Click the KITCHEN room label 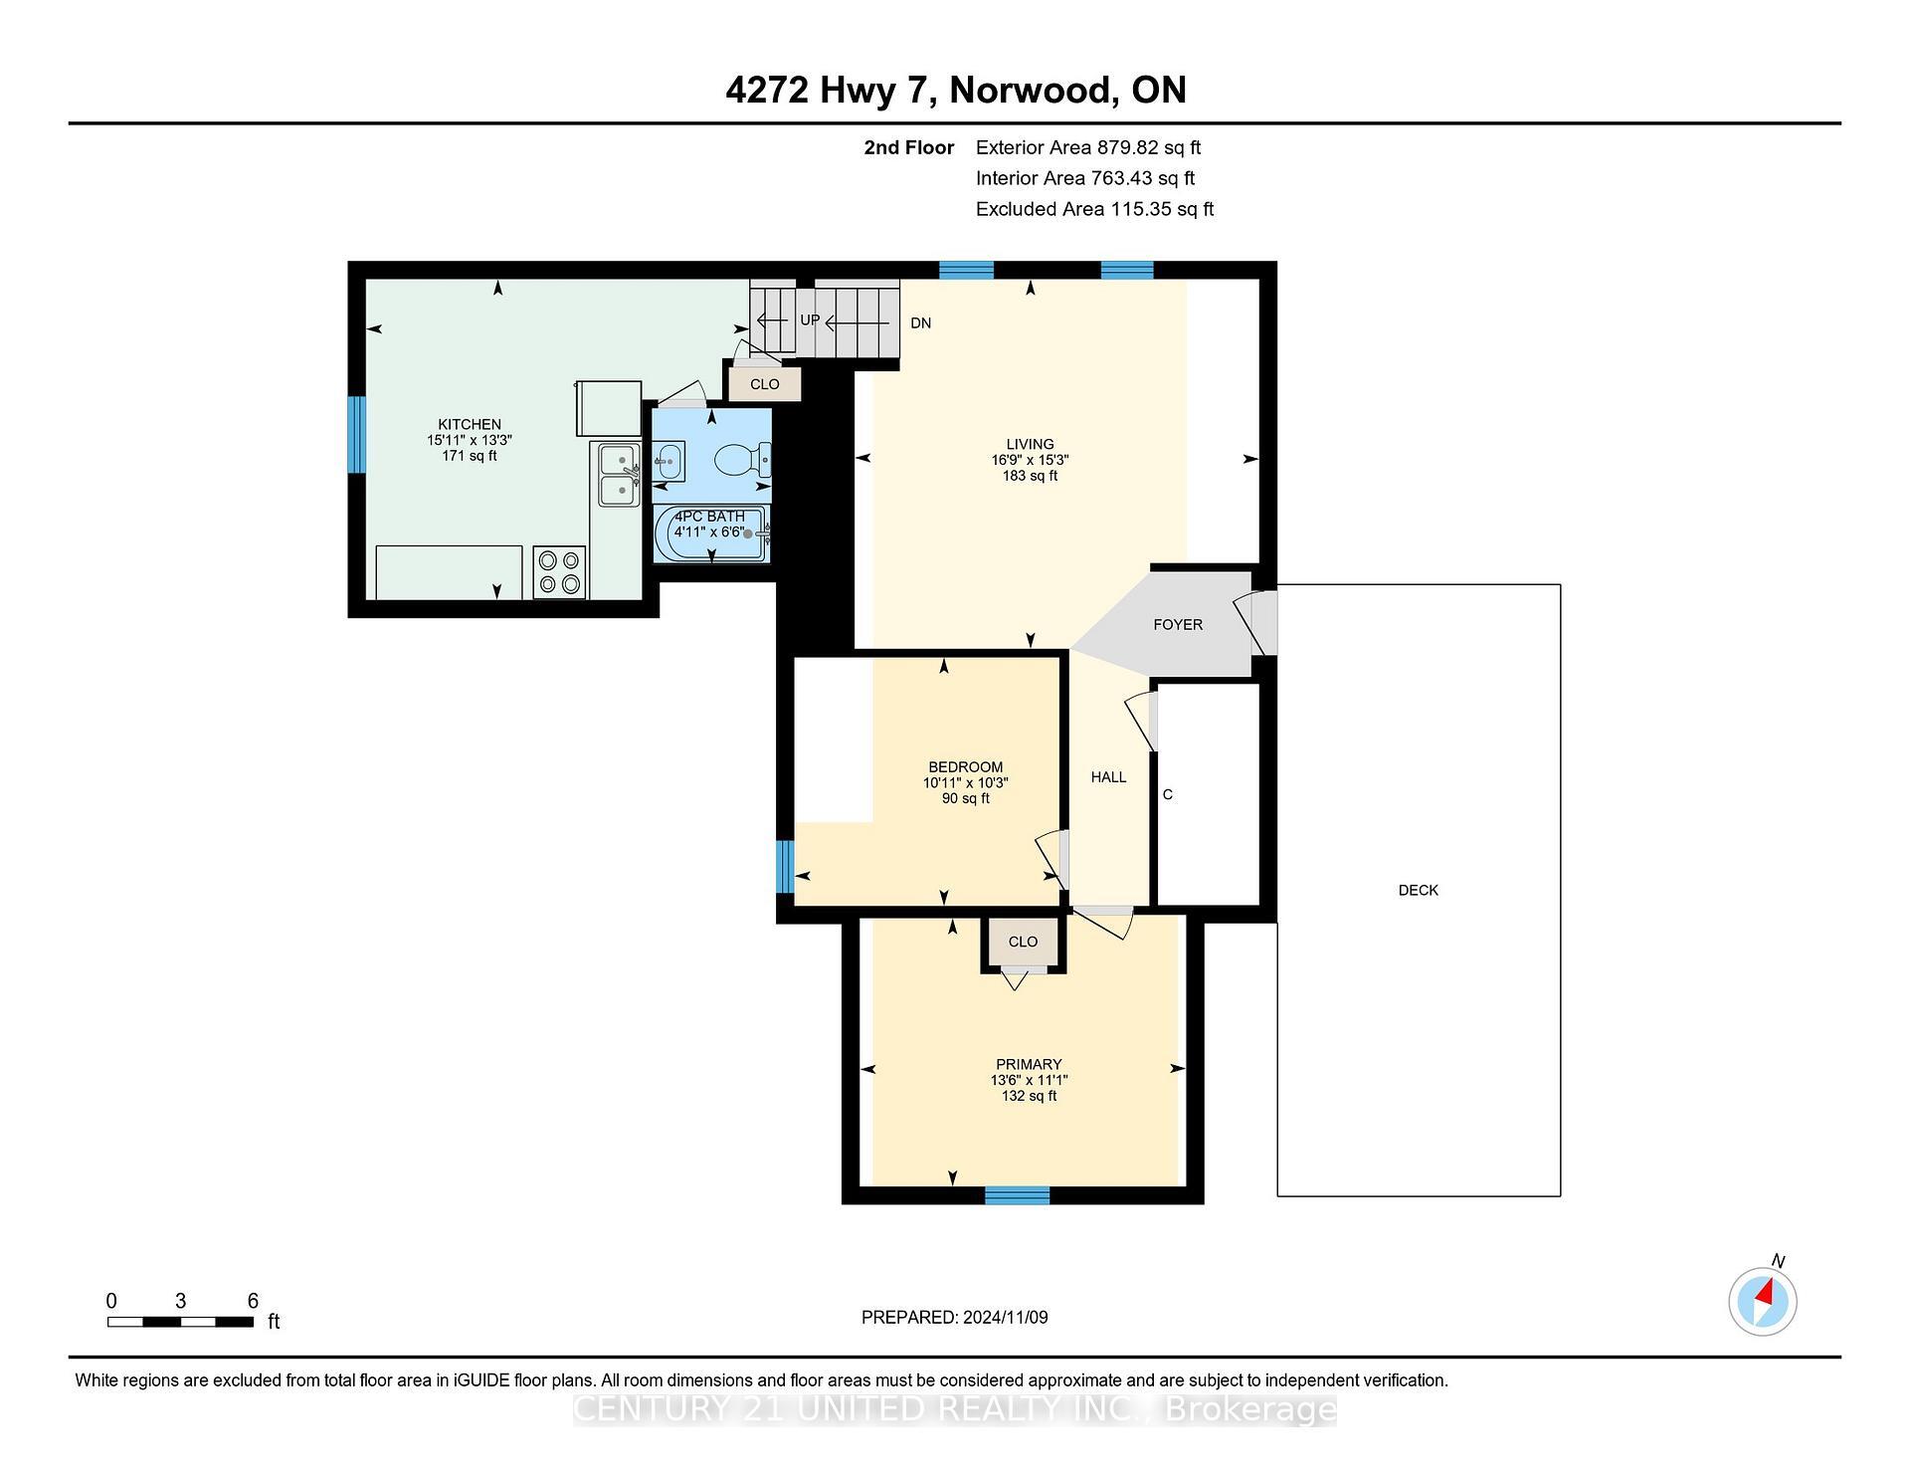tap(470, 424)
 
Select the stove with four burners tap(559, 572)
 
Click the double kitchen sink tap(619, 475)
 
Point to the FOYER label tap(1178, 625)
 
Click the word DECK tap(1418, 891)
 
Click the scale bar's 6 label tap(253, 1301)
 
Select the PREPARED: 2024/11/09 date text tap(954, 1318)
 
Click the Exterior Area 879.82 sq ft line tap(1087, 147)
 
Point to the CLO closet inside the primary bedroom tap(1023, 942)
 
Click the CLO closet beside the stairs tap(764, 384)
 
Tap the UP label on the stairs tap(810, 320)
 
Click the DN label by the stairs tap(920, 323)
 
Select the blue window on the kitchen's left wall tap(356, 435)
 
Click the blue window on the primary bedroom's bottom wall tap(1017, 1195)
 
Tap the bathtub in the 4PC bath tap(710, 534)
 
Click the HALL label tap(1108, 777)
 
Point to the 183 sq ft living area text tap(1030, 476)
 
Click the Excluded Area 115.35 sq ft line tap(1094, 209)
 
